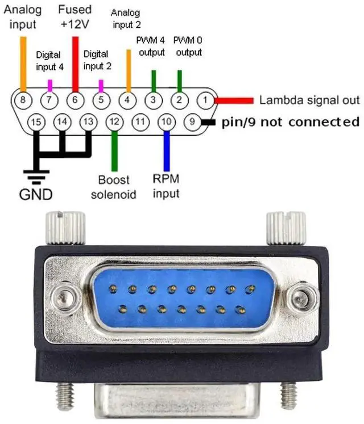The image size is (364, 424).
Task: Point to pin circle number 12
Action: click(114, 121)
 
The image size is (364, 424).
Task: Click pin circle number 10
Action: click(167, 121)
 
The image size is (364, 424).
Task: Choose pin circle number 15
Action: click(36, 121)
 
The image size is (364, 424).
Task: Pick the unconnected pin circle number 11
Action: click(140, 121)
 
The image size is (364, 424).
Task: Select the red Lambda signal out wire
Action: click(233, 100)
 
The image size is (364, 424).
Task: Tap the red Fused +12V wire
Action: click(75, 62)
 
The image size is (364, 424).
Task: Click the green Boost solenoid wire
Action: click(114, 150)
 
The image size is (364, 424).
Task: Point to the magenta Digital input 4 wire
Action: click(49, 85)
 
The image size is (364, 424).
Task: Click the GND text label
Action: click(35, 194)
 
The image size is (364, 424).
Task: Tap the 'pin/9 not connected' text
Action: click(290, 121)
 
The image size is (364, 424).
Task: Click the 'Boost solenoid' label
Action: click(117, 187)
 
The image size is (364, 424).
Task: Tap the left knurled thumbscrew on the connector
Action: click(66, 227)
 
